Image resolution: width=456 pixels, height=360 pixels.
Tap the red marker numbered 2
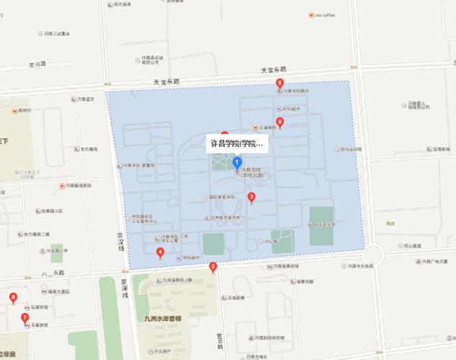click(x=213, y=267)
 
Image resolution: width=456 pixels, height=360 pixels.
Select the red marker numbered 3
click(x=251, y=197)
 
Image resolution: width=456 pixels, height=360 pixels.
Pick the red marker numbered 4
click(x=160, y=252)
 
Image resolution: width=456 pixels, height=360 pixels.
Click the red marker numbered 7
click(x=25, y=318)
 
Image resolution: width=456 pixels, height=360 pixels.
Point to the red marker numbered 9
click(x=280, y=122)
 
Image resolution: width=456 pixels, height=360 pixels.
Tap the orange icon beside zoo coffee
click(x=310, y=14)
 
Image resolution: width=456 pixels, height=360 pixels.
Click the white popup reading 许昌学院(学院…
click(x=236, y=143)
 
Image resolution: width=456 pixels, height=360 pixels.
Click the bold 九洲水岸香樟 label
click(x=163, y=318)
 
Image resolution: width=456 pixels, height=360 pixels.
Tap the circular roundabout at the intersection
click(x=372, y=253)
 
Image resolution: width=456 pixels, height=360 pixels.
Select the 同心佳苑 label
click(x=414, y=246)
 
